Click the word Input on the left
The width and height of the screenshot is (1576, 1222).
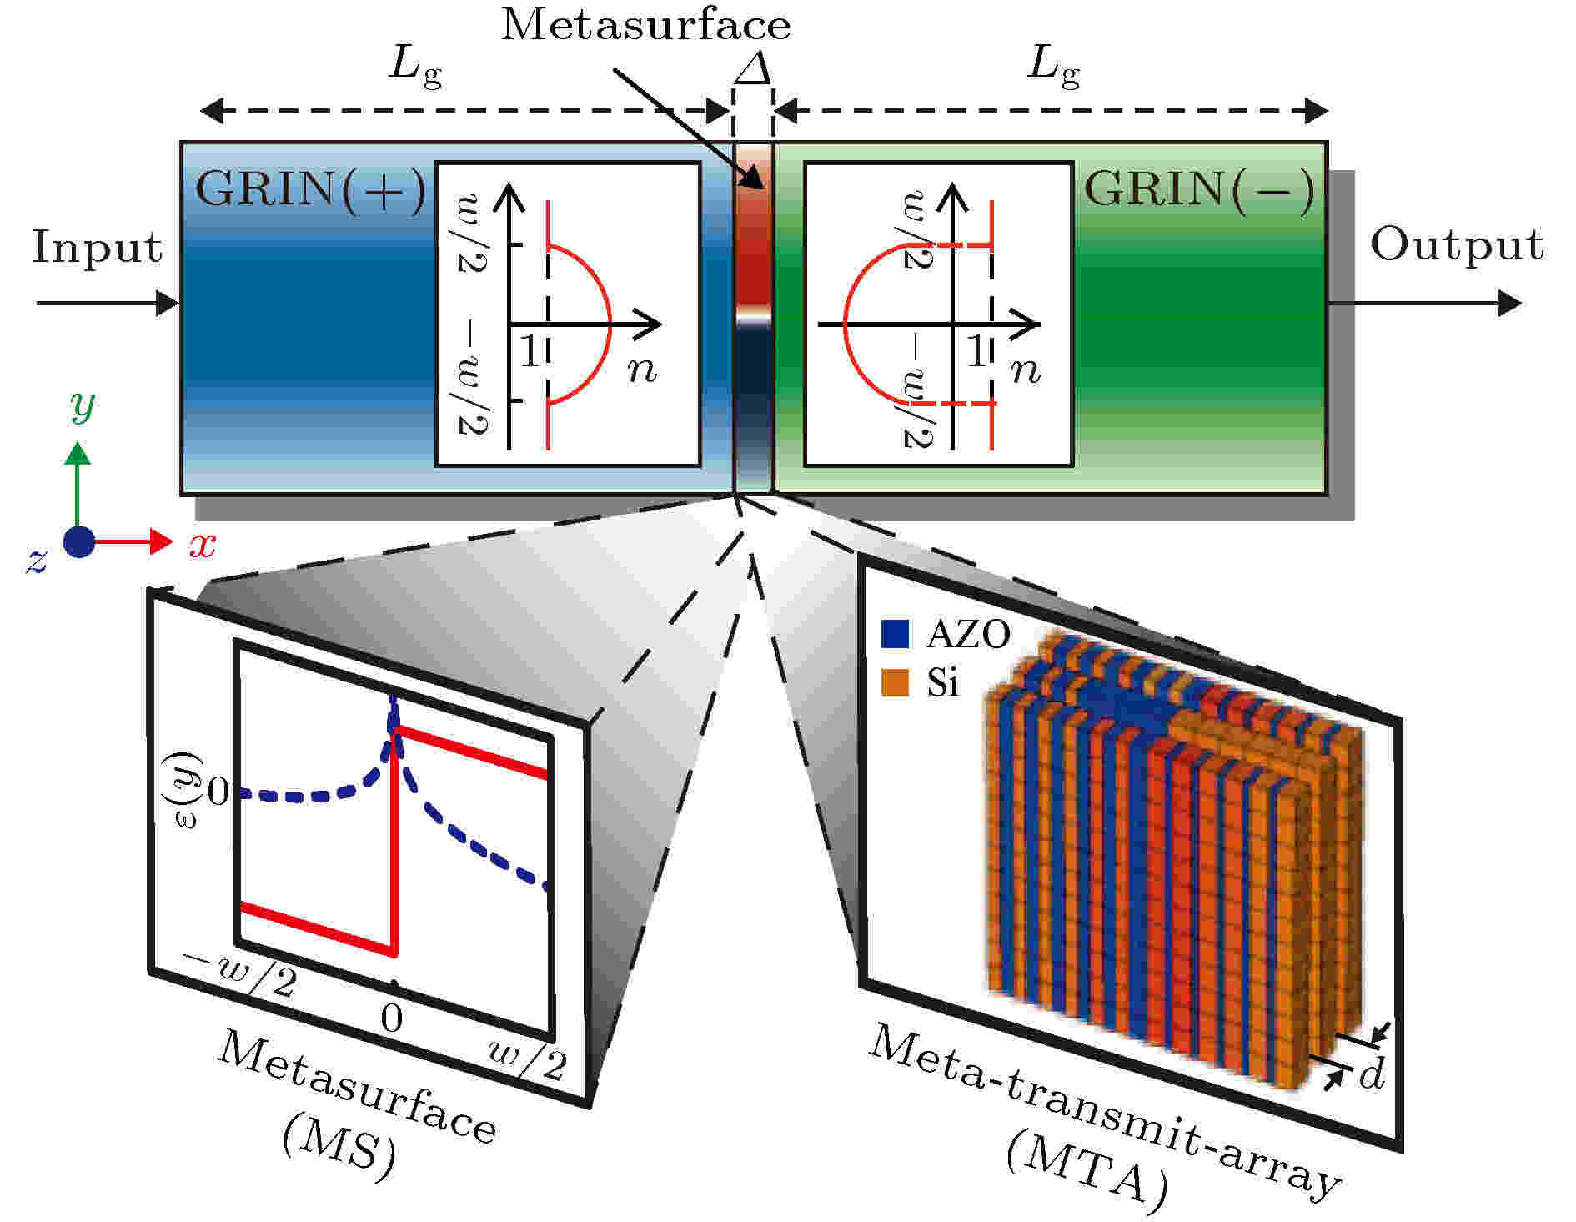[98, 248]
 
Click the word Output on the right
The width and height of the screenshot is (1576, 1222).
[1457, 245]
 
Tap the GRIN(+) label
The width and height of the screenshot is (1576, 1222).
[310, 190]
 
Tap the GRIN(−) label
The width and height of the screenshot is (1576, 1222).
[1199, 190]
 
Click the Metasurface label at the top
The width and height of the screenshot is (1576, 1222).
[645, 24]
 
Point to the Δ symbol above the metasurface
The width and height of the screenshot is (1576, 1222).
[753, 70]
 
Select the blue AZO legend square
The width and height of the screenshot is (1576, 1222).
[894, 634]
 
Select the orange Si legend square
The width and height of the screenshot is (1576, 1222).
[894, 682]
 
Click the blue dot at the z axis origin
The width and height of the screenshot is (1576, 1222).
[79, 542]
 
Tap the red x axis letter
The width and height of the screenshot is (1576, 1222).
[203, 545]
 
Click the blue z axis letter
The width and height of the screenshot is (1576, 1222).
[36, 560]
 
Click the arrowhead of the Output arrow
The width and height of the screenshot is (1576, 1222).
[1510, 303]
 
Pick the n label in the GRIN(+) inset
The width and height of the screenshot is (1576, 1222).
[642, 369]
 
